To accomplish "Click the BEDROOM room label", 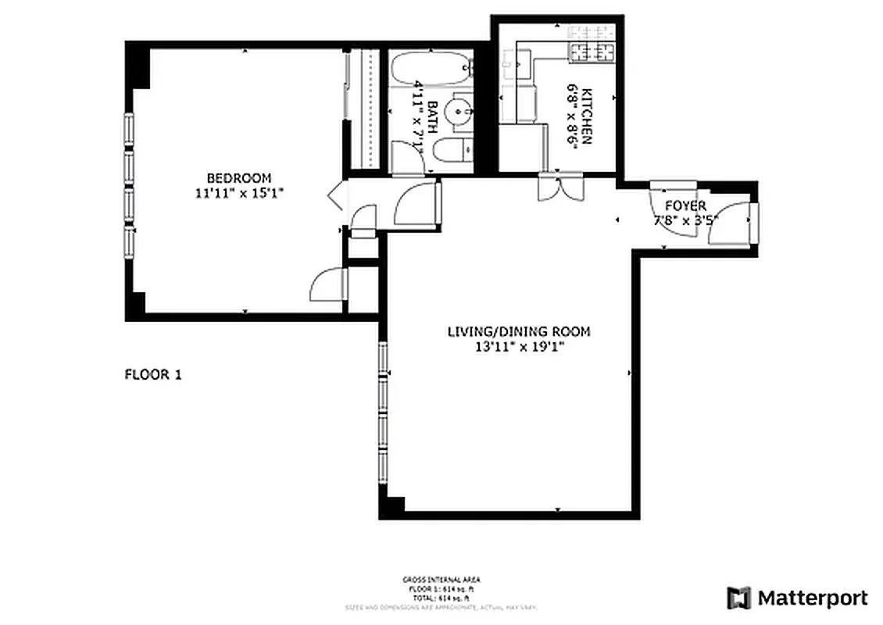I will (238, 177).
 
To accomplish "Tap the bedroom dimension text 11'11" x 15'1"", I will (238, 193).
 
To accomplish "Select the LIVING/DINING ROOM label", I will (518, 331).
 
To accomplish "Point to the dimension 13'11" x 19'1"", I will (518, 347).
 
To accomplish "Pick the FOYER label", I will (685, 205).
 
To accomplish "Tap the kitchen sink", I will (518, 62).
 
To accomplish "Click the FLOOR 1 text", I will (153, 374).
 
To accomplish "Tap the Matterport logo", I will (797, 598).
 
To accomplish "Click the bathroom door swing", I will (407, 156).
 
